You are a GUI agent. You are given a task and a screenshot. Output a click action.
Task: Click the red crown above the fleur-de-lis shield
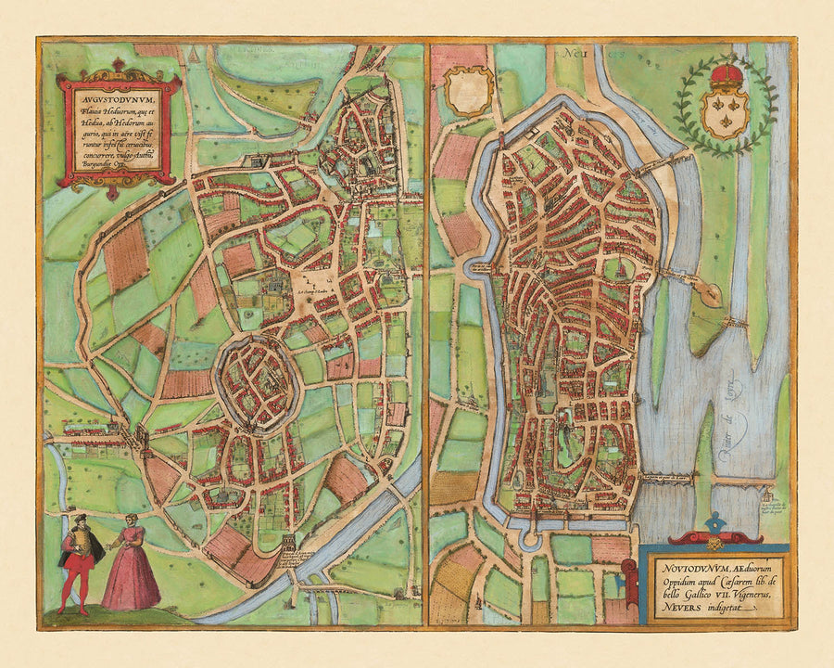(727, 73)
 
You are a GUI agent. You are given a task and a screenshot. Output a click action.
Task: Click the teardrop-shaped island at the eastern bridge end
(710, 294)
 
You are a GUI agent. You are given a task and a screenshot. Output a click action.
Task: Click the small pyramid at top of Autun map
(194, 56)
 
